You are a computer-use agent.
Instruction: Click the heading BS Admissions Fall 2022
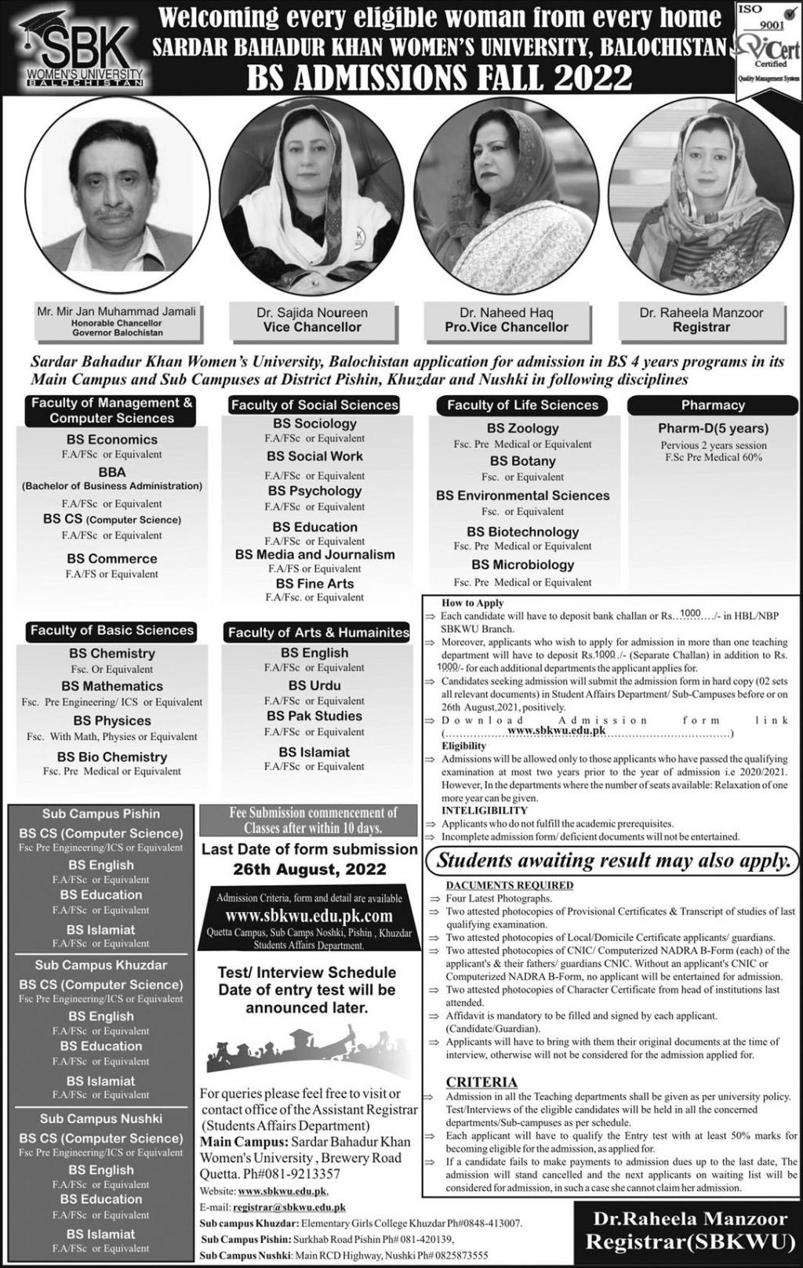pos(439,78)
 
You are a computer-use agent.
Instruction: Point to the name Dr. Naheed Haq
pos(507,312)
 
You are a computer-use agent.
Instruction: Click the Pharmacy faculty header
pos(712,405)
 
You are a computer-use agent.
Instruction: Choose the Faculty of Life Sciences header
pos(522,405)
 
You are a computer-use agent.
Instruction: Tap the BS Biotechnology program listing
pos(522,532)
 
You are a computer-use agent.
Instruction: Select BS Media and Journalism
pos(314,554)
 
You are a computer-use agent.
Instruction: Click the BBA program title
pos(112,472)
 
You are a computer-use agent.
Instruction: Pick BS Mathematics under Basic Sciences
pos(112,686)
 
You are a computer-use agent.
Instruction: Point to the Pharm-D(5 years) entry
pos(712,428)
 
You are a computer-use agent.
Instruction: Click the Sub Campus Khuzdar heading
pos(101,965)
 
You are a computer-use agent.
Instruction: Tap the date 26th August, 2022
pos(310,869)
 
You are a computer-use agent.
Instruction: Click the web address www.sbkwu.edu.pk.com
pos(309,916)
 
